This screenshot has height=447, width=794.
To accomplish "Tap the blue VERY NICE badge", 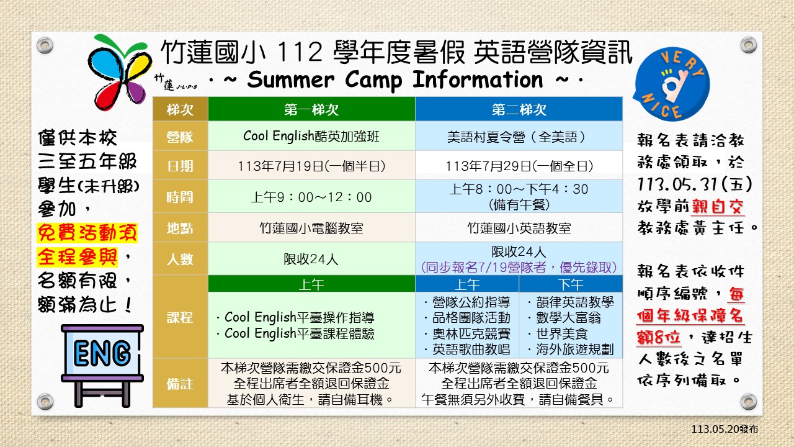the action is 672,84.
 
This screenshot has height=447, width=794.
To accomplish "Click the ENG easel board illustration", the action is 102,366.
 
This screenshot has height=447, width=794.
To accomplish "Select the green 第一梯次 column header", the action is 311,109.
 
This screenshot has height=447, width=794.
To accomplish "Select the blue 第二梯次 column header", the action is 519,109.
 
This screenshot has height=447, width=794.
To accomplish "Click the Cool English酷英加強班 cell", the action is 311,136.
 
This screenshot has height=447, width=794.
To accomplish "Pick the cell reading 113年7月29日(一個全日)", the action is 519,166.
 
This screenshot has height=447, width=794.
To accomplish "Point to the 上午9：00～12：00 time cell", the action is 311,197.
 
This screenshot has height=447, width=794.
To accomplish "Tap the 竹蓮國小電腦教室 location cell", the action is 311,228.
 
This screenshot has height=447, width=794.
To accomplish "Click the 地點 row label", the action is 180,228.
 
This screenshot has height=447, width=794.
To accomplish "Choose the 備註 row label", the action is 180,384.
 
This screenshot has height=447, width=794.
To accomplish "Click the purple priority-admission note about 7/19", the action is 519,267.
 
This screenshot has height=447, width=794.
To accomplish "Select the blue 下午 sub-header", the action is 571,284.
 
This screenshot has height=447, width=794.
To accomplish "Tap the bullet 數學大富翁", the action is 564,318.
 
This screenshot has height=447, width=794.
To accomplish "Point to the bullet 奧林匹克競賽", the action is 467,334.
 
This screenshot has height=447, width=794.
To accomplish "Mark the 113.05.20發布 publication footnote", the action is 725,429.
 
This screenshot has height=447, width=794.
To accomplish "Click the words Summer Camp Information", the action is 395,79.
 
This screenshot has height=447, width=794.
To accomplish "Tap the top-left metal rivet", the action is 45,46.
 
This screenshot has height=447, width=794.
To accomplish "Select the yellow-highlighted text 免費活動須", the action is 87,233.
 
